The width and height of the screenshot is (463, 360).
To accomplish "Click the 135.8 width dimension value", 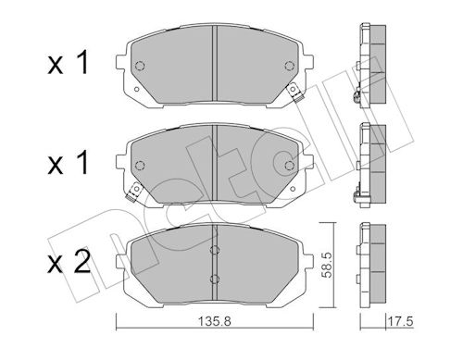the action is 214,321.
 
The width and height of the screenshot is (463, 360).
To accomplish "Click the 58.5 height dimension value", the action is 326,265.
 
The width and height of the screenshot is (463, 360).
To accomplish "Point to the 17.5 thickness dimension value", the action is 400,321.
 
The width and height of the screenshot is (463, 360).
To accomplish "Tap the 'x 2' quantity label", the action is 69,261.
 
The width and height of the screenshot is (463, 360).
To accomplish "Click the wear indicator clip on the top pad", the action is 295,93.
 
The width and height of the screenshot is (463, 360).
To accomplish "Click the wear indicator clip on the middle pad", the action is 133,192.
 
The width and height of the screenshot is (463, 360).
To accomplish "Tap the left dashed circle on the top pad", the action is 140,66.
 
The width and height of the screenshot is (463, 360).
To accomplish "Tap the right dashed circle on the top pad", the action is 290,66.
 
